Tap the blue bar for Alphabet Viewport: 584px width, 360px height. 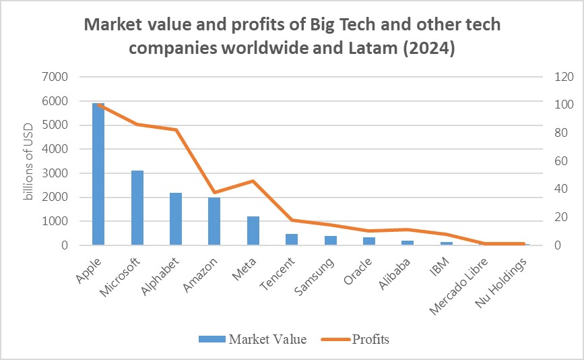(175, 219)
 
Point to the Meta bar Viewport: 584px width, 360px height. (253, 231)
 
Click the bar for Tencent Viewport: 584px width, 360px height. (291, 239)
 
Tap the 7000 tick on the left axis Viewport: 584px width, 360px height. (55, 77)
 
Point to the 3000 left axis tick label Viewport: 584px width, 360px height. (55, 173)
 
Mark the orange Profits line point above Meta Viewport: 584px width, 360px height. (253, 181)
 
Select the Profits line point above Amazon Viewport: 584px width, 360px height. (214, 193)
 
